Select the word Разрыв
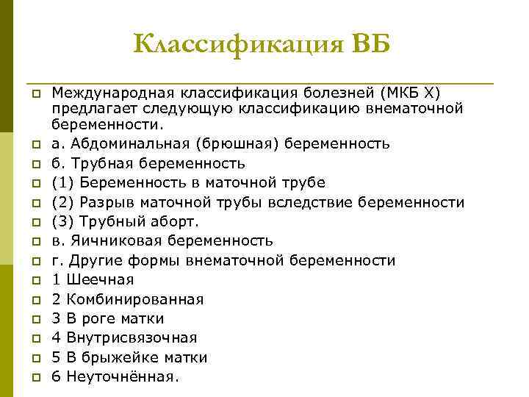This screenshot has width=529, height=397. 103,202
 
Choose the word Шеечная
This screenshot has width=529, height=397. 99,280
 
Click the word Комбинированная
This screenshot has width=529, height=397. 134,299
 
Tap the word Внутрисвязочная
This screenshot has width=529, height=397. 131,338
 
